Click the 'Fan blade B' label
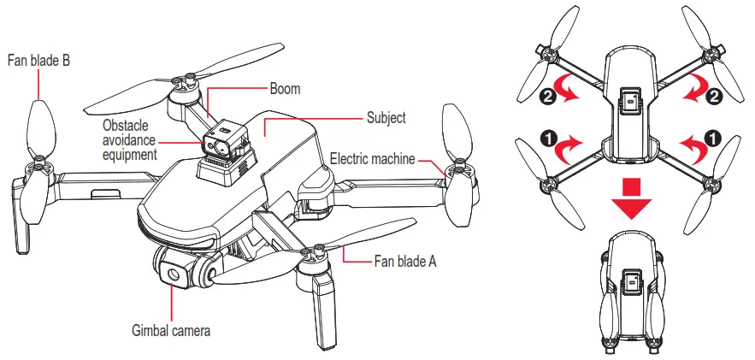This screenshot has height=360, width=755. point(38,61)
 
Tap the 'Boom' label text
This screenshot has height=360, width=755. point(286,88)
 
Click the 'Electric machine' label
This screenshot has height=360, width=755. point(372,158)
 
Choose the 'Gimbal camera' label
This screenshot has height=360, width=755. point(171,328)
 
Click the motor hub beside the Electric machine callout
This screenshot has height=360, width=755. point(452,171)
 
